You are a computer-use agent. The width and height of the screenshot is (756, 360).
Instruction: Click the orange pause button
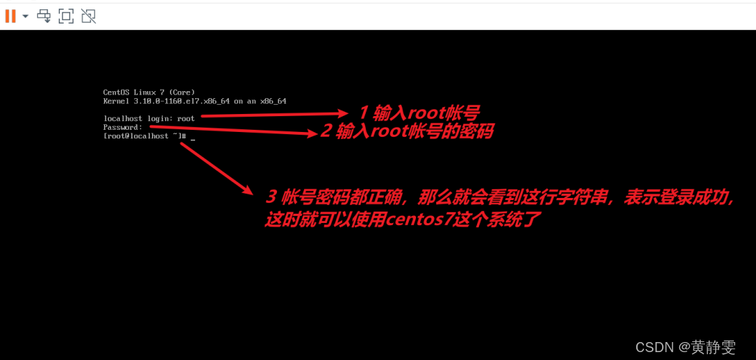[10, 16]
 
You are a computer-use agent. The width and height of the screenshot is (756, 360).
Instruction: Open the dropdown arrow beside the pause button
[25, 16]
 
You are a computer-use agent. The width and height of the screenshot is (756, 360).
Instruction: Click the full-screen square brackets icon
[66, 16]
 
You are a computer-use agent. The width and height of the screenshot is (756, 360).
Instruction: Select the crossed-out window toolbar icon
[88, 16]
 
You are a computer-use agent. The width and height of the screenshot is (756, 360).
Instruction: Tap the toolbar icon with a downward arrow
[44, 16]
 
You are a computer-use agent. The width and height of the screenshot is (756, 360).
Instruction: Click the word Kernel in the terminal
[116, 101]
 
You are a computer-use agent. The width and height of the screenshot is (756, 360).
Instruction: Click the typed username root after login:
[186, 118]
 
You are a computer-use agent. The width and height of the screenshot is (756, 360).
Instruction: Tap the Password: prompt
[123, 127]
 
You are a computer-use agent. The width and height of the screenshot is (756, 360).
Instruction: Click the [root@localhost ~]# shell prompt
[145, 136]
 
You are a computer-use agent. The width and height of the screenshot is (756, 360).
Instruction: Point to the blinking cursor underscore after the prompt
[193, 138]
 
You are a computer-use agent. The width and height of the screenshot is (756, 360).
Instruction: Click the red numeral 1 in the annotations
[363, 113]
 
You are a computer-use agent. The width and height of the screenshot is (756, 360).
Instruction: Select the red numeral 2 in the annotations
[326, 131]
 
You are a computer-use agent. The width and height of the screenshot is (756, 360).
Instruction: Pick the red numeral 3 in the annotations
[271, 196]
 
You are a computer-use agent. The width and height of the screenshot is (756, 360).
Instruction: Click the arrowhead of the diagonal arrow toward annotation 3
[248, 191]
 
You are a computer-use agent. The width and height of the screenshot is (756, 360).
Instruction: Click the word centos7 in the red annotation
[417, 220]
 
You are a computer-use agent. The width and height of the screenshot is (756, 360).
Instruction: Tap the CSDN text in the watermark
[653, 347]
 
